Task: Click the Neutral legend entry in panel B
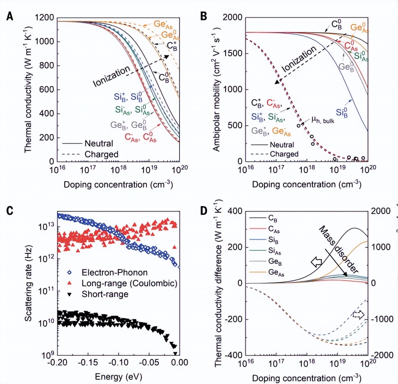tap(282, 145)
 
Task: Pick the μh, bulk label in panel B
tap(323, 120)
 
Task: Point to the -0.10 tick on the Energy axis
tap(118, 363)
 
